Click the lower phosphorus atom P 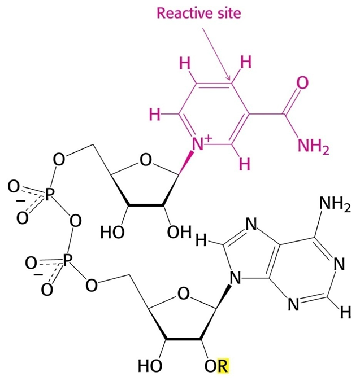[68, 260]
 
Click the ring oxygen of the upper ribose [146, 162]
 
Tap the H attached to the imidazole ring [199, 241]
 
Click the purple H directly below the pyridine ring [244, 165]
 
